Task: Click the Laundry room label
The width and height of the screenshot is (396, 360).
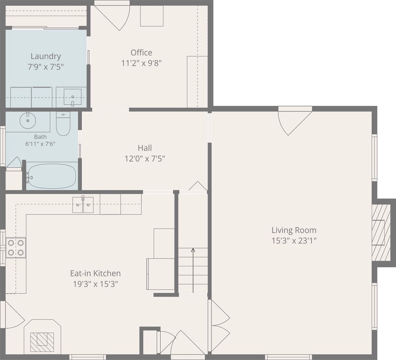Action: [x=45, y=57]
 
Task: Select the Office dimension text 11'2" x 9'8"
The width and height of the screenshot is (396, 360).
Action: [x=141, y=63]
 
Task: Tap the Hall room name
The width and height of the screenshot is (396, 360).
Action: [x=145, y=148]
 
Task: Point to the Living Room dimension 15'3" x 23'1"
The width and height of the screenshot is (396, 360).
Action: [x=294, y=241]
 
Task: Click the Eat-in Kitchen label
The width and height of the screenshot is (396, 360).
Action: [x=95, y=273]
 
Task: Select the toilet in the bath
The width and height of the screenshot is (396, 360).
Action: [x=63, y=124]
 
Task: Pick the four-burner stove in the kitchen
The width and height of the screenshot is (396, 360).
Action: [x=16, y=248]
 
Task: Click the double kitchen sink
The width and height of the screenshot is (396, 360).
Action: [x=83, y=205]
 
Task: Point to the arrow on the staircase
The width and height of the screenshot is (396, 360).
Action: [x=193, y=270]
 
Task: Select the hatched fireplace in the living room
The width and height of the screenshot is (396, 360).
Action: [x=381, y=233]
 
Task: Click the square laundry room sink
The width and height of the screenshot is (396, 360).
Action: [x=72, y=97]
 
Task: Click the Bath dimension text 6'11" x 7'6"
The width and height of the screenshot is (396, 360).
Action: [x=40, y=144]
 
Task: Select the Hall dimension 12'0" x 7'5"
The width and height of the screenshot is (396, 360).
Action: [x=145, y=159]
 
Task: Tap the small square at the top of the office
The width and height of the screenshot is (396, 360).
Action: [x=152, y=16]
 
